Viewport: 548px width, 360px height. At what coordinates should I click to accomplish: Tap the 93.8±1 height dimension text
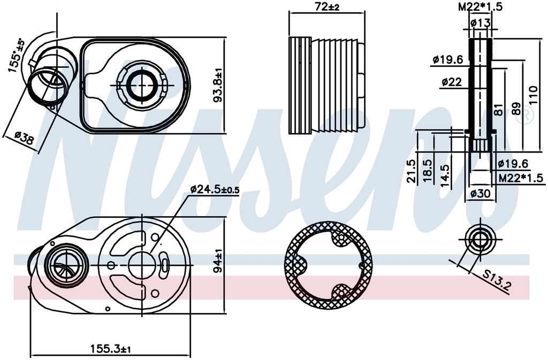(x=218, y=85)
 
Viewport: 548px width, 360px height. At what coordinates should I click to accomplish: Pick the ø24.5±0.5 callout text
(x=215, y=189)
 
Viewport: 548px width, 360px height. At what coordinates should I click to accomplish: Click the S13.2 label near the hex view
(x=496, y=282)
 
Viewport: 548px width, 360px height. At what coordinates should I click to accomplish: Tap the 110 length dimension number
(x=532, y=95)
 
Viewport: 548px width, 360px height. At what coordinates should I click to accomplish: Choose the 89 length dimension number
(x=516, y=108)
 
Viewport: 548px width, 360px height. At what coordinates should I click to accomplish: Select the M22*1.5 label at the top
(x=480, y=6)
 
